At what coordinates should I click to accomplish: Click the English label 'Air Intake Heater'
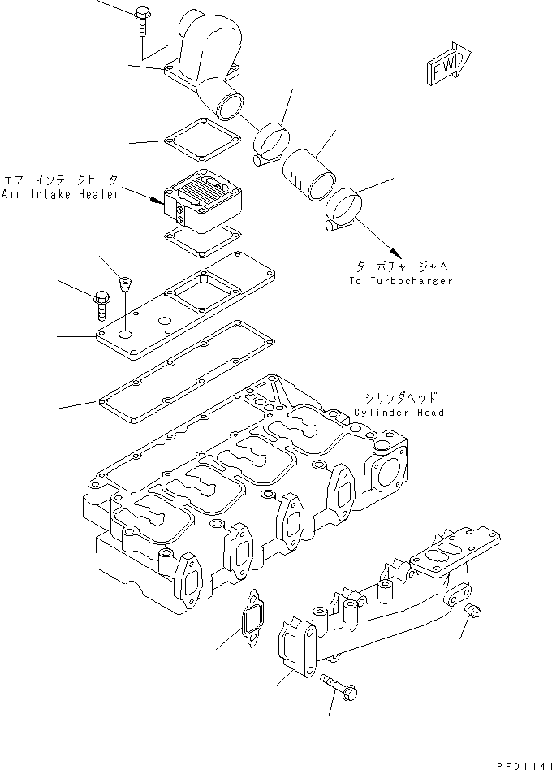click(60, 194)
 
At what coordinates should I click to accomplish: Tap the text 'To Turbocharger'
click(401, 280)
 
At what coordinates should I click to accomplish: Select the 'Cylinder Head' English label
click(399, 413)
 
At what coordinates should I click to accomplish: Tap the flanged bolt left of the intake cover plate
click(101, 304)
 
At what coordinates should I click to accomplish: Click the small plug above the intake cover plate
click(124, 283)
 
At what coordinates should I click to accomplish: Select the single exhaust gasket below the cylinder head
click(252, 617)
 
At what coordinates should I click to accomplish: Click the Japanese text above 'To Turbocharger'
click(400, 266)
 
